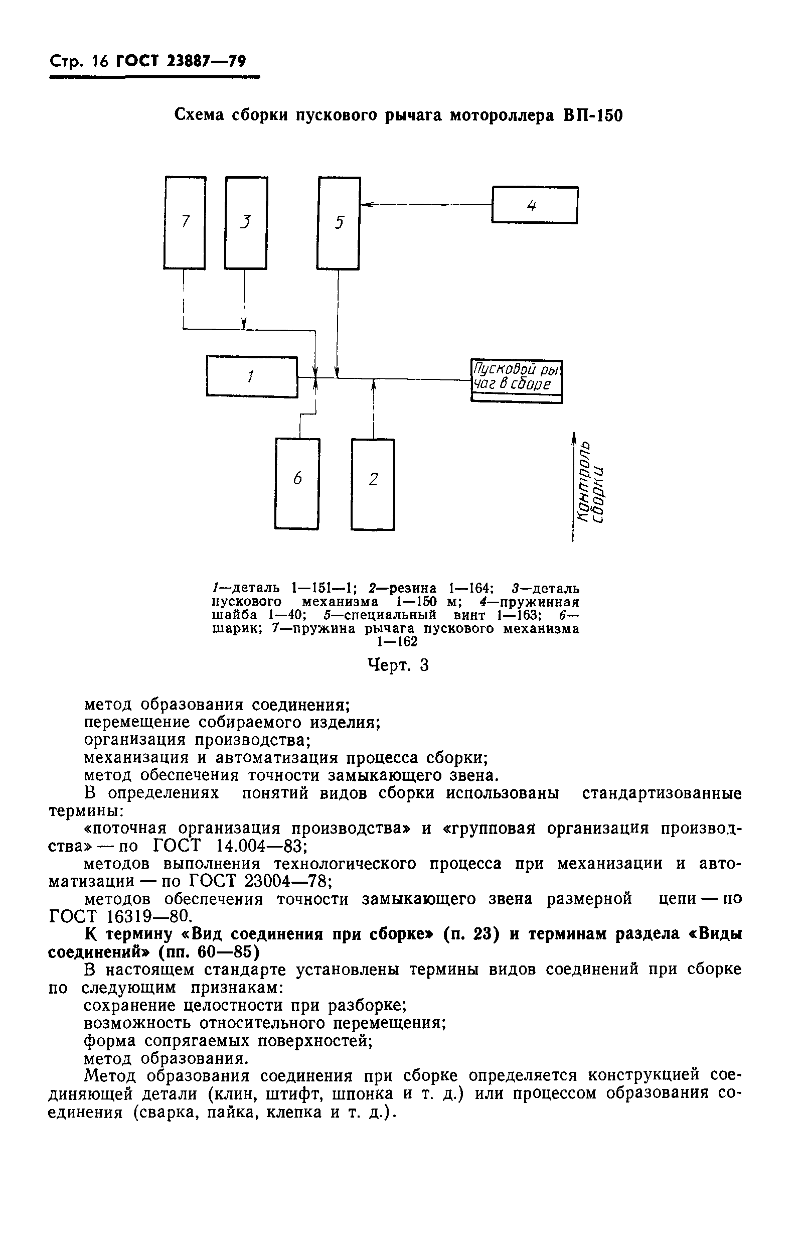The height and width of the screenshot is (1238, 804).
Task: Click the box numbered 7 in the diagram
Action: (x=185, y=223)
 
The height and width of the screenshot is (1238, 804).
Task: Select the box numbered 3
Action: (x=245, y=223)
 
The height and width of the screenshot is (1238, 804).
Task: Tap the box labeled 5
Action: (x=339, y=223)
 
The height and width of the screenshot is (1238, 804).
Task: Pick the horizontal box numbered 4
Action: (x=534, y=205)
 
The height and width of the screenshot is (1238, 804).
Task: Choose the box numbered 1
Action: (x=252, y=376)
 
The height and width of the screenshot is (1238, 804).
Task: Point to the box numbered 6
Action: (x=297, y=484)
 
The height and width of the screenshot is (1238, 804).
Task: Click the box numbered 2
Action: (x=373, y=484)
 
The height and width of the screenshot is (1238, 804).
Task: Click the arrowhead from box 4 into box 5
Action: (x=366, y=205)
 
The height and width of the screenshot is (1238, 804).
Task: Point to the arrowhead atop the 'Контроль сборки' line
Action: (x=574, y=438)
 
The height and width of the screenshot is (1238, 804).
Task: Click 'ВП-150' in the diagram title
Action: (x=593, y=115)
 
